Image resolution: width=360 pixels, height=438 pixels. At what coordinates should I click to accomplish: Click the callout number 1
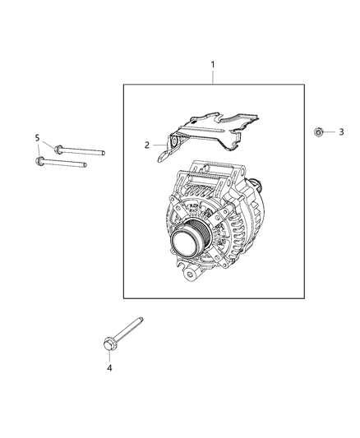[x=212, y=63]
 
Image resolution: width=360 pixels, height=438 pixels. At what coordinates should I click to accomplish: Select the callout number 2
[x=147, y=145]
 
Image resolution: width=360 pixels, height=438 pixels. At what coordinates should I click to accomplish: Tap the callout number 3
[x=341, y=131]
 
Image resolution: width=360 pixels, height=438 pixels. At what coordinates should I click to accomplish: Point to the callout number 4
[x=109, y=367]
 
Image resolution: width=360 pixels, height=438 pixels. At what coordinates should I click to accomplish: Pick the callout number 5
[x=37, y=136]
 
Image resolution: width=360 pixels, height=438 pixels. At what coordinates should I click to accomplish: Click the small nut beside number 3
[x=318, y=131]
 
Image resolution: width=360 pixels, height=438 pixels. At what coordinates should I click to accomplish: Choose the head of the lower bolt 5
[x=39, y=161]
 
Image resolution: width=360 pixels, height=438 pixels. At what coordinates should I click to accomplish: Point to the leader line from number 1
[x=212, y=76]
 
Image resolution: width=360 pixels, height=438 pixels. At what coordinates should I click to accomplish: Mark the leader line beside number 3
[x=330, y=131]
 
